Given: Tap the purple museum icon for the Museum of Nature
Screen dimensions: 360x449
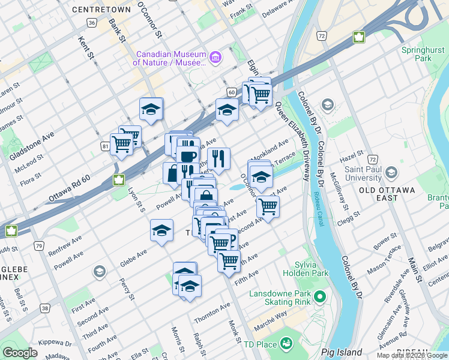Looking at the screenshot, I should click(215, 58).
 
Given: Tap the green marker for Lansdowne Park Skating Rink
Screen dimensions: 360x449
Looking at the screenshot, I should click(320, 296).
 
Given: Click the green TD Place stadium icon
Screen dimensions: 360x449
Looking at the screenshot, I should click(286, 344).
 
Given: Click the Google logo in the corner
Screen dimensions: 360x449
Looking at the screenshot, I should click(20, 353).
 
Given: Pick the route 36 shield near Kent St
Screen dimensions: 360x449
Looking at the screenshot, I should click(91, 23).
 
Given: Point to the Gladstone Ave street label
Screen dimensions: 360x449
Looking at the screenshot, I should click(31, 146).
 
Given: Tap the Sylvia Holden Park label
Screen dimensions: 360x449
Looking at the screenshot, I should click(312, 269).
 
